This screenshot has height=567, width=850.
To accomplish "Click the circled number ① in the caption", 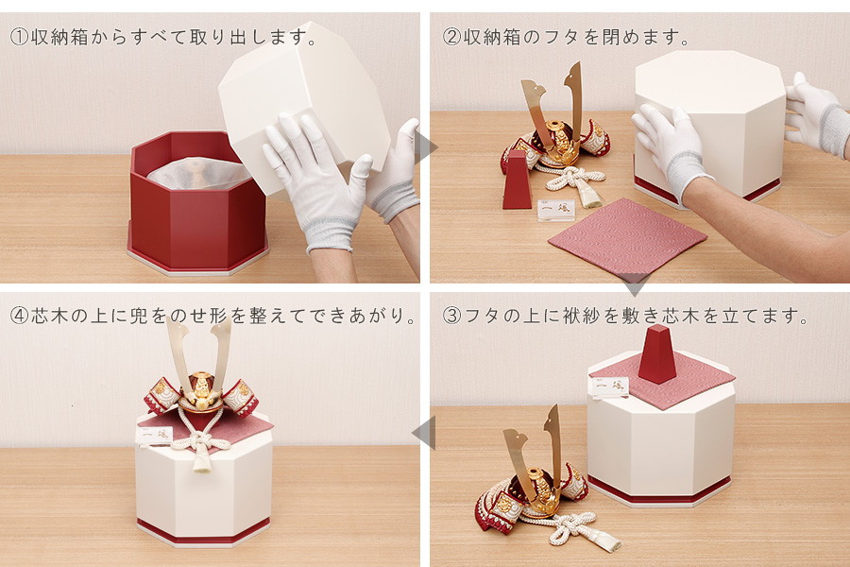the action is point(19,38).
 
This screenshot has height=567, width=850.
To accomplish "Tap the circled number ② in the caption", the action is point(451,38).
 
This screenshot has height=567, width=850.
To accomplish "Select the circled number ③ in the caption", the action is point(451,316).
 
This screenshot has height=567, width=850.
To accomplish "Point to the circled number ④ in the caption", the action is point(19,316).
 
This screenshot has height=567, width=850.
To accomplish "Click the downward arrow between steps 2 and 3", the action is point(635,287).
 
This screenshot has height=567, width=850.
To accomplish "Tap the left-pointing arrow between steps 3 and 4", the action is point(424,433).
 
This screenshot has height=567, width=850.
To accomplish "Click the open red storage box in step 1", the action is point(197,203).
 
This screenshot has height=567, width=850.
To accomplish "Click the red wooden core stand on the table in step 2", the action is point(517,179).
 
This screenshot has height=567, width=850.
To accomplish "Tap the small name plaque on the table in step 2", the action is point(556,211).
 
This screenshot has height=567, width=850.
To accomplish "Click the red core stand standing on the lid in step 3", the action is point(657,353).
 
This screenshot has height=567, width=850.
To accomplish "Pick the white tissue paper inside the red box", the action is point(199,173).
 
